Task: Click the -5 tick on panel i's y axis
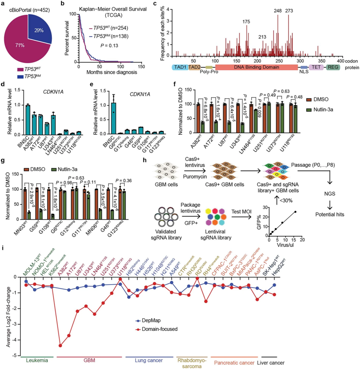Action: pos(16,356)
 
